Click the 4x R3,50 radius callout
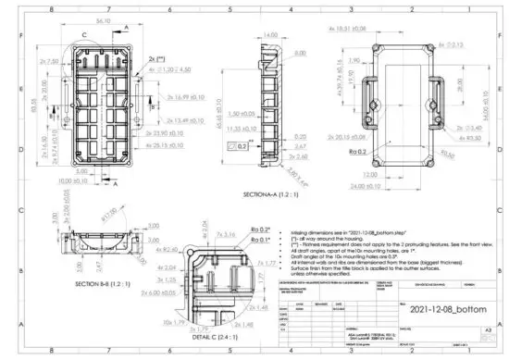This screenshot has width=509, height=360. tap(448, 137)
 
